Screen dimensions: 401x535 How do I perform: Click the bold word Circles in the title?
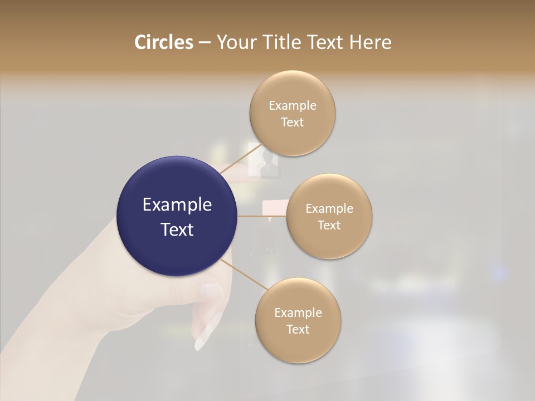tap(163, 42)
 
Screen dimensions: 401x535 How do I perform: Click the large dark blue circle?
tap(177, 216)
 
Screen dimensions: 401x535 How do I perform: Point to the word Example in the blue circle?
tap(177, 205)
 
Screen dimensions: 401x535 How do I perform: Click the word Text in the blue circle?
tap(177, 229)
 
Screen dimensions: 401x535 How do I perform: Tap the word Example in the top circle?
tap(293, 105)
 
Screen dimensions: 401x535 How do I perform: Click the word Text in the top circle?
tap(292, 122)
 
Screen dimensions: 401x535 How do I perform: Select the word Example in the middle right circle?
tap(329, 208)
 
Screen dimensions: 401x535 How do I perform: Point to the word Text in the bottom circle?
tap(298, 329)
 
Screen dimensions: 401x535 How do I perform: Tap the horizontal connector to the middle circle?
tap(262, 216)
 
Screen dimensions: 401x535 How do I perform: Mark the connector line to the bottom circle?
tap(242, 274)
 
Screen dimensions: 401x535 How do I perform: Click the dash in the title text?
tap(205, 42)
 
